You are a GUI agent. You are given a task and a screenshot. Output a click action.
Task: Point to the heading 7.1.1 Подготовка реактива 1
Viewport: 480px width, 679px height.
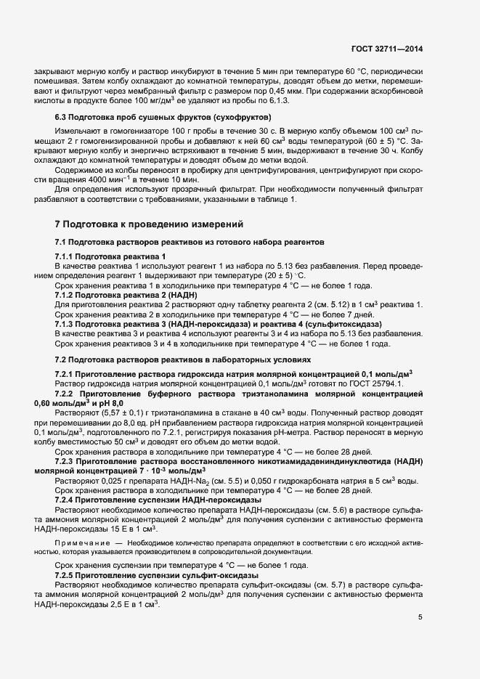[110, 257]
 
